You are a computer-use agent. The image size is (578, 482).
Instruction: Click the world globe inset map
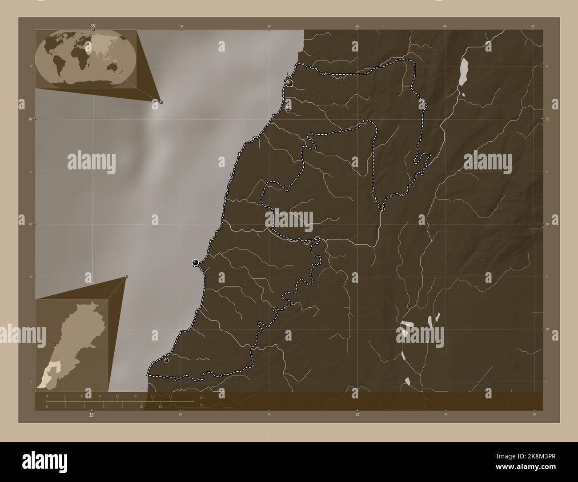coord(85,57)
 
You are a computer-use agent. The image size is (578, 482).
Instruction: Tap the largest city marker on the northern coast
coord(289,83)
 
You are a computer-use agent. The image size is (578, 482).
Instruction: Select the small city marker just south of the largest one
coord(288,108)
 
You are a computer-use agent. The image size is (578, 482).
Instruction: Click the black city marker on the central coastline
coord(195,262)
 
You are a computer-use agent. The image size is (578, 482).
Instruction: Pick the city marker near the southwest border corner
coord(166,360)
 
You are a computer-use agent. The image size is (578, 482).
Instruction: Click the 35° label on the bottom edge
coord(92,415)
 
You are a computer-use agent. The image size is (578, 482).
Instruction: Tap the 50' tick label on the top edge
coord(533,27)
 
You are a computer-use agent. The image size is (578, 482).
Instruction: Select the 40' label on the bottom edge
coord(446,414)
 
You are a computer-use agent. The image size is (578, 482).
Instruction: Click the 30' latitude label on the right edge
coord(547,119)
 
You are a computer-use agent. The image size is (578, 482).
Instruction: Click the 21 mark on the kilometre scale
coord(170,395)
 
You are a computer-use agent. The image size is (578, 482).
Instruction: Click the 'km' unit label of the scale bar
coord(202,398)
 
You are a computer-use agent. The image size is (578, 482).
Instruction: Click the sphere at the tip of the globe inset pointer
coord(161,102)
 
